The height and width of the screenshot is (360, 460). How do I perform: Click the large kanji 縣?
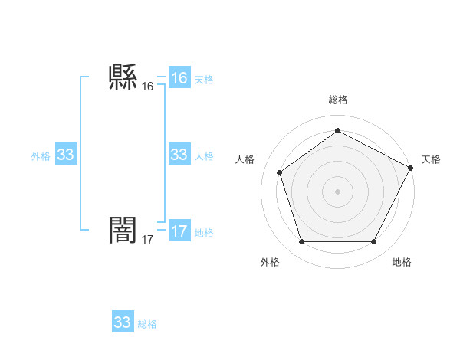[x=123, y=77]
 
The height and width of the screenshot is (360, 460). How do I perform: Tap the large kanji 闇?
[x=123, y=230]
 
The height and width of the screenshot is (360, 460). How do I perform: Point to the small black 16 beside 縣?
[x=148, y=87]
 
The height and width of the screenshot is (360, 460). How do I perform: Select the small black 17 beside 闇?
[x=148, y=240]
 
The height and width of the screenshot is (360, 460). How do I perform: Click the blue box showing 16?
[x=179, y=78]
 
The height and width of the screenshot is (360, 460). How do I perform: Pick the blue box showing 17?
[x=179, y=231]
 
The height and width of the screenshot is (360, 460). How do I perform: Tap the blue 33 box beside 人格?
[x=179, y=155]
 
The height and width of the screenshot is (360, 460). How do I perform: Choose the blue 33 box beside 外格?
[x=66, y=155]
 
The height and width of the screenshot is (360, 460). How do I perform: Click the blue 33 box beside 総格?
[x=123, y=322]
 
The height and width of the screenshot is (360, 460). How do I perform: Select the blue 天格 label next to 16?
[x=204, y=79]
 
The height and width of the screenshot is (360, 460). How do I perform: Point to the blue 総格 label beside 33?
[x=147, y=324]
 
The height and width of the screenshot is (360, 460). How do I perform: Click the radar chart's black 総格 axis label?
[x=338, y=100]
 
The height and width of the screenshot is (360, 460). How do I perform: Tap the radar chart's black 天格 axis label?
[x=431, y=159]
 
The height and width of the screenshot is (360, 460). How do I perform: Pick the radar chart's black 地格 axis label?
[x=402, y=262]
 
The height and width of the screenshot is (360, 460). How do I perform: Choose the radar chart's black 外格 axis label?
[x=270, y=262]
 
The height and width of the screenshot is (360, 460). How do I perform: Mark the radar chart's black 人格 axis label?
[x=245, y=159]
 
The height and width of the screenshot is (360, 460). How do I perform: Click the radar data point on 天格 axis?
[x=412, y=168]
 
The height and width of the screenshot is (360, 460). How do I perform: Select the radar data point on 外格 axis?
[x=301, y=242]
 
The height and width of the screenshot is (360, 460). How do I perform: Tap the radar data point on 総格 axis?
[x=337, y=130]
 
